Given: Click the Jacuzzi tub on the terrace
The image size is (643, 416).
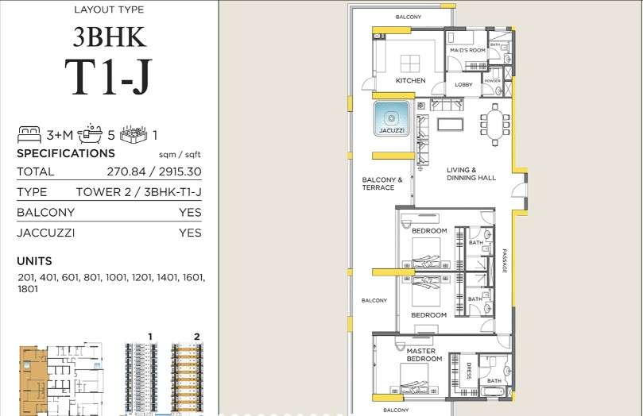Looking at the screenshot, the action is point(391,118).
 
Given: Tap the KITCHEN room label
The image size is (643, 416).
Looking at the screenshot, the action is point(410,81).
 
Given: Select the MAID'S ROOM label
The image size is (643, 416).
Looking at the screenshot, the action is point(467,50).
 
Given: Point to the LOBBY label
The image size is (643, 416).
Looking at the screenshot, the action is point(463,84).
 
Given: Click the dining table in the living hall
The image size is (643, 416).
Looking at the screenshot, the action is point(495,125).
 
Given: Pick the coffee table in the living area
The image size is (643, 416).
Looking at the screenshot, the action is point(451,124).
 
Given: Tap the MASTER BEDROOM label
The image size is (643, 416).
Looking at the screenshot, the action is point(424,355).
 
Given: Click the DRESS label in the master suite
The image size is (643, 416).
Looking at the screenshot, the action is point(469,371).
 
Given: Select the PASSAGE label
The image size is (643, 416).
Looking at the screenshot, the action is point(505,261).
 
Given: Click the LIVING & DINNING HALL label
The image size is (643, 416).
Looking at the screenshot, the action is point(471,174).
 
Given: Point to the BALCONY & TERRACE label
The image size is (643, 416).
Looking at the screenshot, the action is point(382,183).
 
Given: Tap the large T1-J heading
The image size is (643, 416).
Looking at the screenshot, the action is point(108,77).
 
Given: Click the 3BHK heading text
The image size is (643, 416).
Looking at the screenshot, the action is point(109,37).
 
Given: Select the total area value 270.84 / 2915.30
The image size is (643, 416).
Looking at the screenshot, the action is point(154,171).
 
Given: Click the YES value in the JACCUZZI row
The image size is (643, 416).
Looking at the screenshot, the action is point(190,233).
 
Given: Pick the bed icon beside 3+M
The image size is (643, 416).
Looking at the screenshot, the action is point(29,134).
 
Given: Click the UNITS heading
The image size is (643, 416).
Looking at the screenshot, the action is point(34,261).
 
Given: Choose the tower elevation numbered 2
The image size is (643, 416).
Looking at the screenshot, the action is point(188,376).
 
